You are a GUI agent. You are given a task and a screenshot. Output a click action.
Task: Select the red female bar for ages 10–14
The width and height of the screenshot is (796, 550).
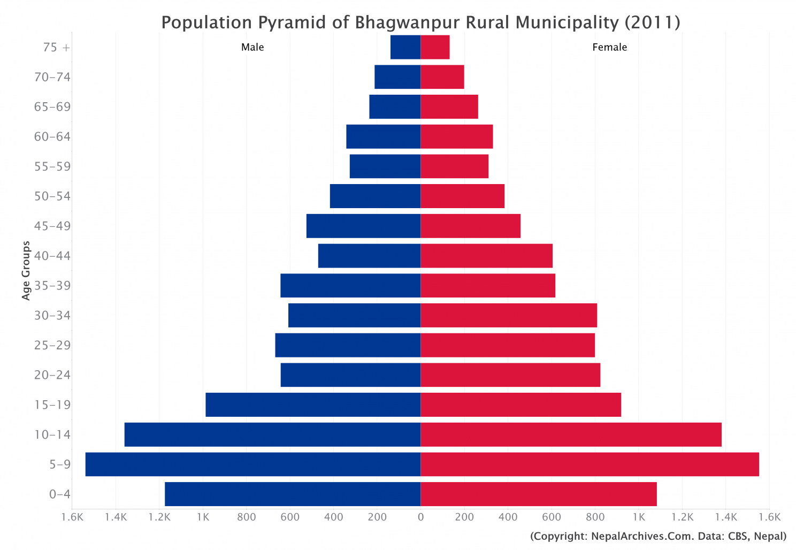(x=571, y=434)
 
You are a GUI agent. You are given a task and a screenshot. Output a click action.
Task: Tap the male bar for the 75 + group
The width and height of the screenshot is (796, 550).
(x=405, y=47)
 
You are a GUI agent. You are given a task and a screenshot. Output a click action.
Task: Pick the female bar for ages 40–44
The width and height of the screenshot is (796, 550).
(x=486, y=256)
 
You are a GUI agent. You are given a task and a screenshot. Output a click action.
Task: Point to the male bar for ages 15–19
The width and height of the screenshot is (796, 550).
(x=313, y=404)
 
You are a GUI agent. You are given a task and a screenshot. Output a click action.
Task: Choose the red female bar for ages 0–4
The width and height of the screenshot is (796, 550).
(x=538, y=494)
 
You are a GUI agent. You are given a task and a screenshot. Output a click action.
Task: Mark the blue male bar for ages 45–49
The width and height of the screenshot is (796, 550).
(x=363, y=226)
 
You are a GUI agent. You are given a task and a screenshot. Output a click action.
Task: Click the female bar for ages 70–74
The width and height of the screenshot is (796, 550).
(x=442, y=77)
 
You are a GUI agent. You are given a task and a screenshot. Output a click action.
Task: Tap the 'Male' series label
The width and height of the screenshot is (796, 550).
(x=252, y=47)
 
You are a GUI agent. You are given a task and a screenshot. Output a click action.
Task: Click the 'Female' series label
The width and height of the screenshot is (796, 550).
(x=609, y=47)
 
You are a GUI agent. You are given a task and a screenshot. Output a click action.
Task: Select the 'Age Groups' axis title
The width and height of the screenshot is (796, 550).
(x=26, y=270)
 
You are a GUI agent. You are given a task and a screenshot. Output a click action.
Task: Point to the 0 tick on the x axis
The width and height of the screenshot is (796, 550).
(x=420, y=517)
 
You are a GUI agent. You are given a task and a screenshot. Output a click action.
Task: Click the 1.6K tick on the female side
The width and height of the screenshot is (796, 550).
(x=770, y=517)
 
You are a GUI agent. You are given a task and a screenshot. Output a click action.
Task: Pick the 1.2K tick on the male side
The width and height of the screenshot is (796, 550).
(x=159, y=517)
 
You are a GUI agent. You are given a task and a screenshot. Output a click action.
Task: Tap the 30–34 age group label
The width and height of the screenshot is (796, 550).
(x=52, y=316)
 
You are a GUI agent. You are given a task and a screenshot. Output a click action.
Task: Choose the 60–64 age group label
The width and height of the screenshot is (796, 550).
(x=52, y=136)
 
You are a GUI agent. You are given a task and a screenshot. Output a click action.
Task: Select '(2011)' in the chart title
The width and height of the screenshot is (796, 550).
(x=652, y=22)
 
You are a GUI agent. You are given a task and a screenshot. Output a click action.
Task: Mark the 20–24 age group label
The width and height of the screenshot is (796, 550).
(x=52, y=375)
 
